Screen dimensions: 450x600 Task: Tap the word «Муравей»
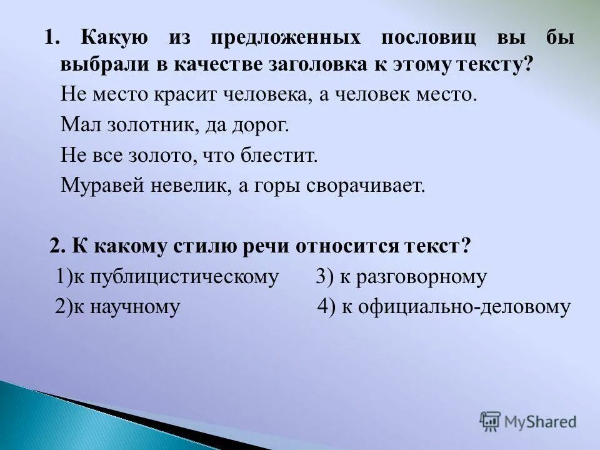pos(97,185)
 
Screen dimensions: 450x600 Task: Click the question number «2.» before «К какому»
pos(58,246)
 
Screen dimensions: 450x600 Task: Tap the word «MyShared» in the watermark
pos(541,422)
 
